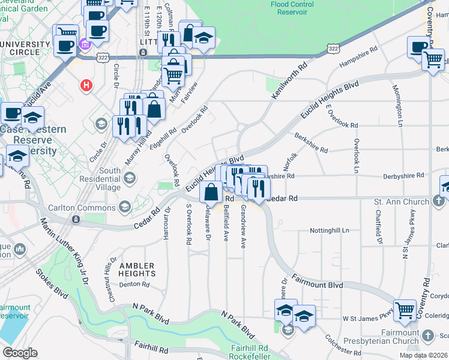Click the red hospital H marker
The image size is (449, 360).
(87, 85)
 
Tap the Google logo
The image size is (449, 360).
(20, 353)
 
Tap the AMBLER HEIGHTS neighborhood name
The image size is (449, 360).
(137, 269)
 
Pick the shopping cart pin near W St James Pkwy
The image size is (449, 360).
(406, 308)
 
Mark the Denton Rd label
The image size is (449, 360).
(134, 284)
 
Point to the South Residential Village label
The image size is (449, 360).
(110, 179)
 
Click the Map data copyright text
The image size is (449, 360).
(423, 355)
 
